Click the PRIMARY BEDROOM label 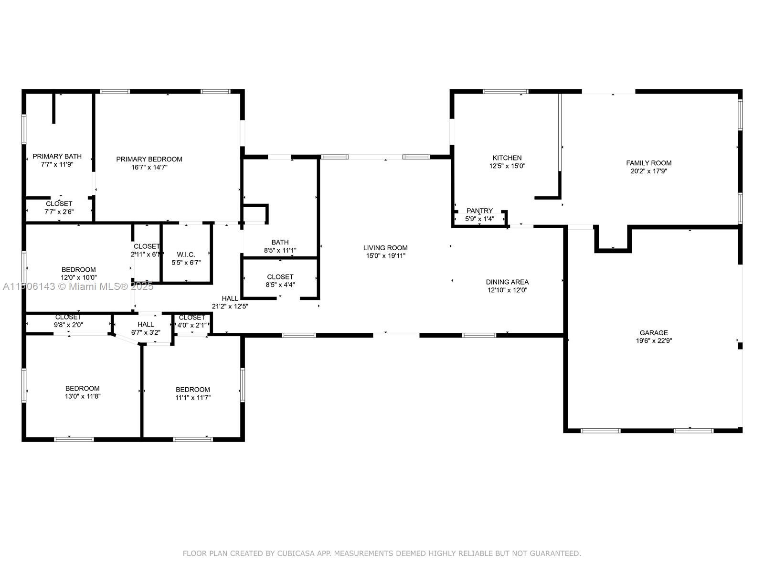point(149,159)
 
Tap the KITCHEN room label point(507,158)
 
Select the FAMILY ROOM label point(648,163)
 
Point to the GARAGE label point(653,333)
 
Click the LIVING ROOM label point(385,248)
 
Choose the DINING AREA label point(507,282)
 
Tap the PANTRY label point(479,211)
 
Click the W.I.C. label point(186,255)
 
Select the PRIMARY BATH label point(57,156)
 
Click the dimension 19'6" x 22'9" point(654,340)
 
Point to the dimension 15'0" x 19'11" point(385,256)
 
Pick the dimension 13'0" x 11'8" point(83,396)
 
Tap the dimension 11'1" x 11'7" point(193,397)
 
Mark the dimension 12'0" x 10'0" point(79,277)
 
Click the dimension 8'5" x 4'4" point(280,285)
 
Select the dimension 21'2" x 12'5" point(230,306)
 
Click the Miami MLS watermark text point(78,286)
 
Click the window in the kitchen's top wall point(505,92)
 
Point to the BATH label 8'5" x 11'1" point(280,242)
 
